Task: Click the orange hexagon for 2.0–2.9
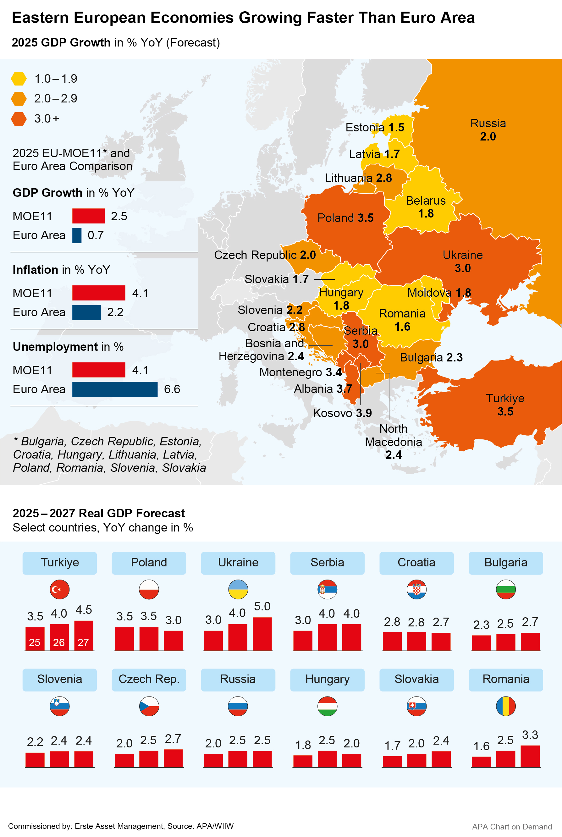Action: tap(19, 98)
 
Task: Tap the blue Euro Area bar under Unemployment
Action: tap(115, 389)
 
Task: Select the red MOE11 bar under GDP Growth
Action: tap(88, 216)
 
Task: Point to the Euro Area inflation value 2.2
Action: tap(115, 312)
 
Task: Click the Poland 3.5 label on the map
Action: tap(345, 218)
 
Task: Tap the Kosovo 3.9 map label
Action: tap(342, 413)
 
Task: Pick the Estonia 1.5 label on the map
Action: tap(375, 127)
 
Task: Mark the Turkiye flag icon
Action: tap(59, 589)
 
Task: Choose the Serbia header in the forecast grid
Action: tap(327, 563)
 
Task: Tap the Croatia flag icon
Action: tap(416, 589)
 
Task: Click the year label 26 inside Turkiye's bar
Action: tap(59, 642)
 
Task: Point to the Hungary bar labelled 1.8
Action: tap(303, 761)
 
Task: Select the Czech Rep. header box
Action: tap(149, 679)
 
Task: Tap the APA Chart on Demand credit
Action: tap(511, 827)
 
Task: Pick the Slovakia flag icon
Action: tap(416, 706)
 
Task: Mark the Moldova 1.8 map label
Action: tap(439, 293)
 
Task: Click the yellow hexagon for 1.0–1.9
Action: tap(19, 79)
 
